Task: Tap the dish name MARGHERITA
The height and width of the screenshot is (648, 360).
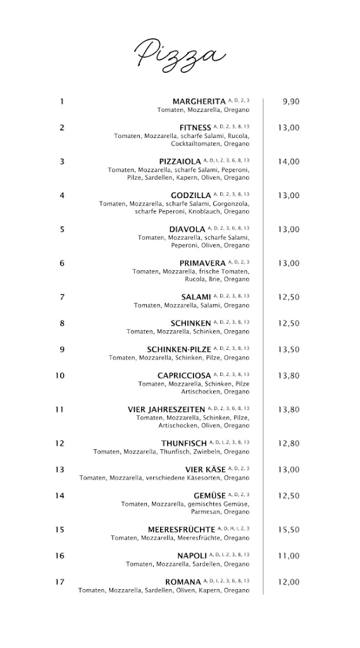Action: (x=199, y=101)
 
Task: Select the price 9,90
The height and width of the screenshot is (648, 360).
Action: (x=290, y=101)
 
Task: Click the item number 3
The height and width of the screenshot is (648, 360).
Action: (x=62, y=161)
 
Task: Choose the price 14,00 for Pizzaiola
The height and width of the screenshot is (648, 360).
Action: (x=289, y=161)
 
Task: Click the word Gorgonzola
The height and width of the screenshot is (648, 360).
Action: (x=231, y=204)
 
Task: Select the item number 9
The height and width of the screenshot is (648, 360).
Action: (x=62, y=349)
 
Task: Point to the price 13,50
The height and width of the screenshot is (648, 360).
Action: (x=289, y=349)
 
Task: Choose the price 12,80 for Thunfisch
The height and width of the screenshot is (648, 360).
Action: (x=289, y=444)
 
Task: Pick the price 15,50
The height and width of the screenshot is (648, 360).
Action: (x=289, y=530)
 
